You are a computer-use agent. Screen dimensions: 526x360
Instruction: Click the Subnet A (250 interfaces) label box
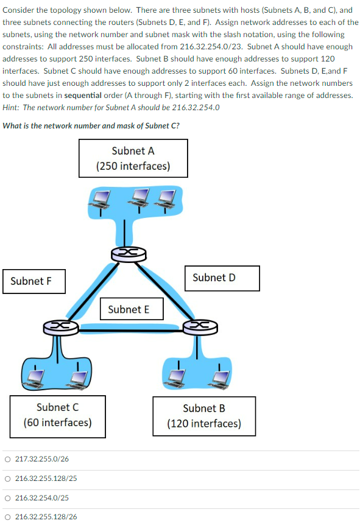click(x=133, y=158)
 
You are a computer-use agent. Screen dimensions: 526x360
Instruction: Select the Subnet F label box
click(x=34, y=281)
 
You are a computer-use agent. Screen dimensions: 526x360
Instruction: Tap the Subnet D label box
click(x=214, y=278)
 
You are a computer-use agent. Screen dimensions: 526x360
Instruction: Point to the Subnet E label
click(x=129, y=309)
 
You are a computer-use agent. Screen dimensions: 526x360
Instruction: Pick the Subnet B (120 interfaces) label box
click(x=204, y=416)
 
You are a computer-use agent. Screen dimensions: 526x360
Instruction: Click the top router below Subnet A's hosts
click(x=124, y=254)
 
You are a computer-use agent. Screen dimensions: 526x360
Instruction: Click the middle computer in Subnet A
click(x=141, y=198)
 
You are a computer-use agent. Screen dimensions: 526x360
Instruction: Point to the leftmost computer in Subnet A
click(x=101, y=199)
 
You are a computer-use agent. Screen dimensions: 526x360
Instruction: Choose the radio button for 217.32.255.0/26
click(x=7, y=458)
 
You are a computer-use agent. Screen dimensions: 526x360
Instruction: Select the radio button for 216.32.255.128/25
click(x=7, y=478)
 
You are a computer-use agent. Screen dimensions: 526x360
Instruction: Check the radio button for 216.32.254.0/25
click(x=7, y=497)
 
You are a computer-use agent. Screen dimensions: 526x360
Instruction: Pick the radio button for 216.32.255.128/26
click(x=7, y=517)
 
